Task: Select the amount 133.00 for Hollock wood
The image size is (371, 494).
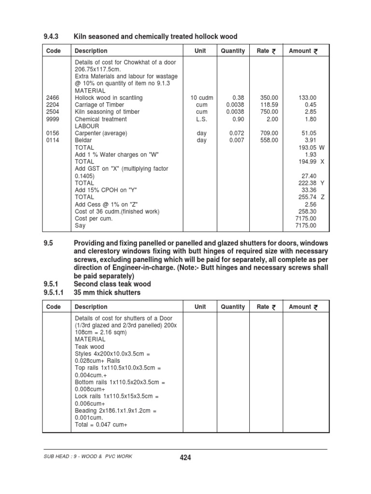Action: click(307, 97)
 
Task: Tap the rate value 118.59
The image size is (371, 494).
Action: click(269, 105)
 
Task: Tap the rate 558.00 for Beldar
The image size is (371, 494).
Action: click(269, 140)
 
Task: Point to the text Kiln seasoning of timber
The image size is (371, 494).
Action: click(107, 112)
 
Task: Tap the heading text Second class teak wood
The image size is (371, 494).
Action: click(112, 284)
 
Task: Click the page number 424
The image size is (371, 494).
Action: click(185, 458)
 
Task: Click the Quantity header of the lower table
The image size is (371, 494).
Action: click(233, 307)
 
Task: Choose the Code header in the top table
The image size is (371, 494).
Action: click(53, 51)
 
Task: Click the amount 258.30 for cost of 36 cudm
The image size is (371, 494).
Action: click(307, 211)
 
